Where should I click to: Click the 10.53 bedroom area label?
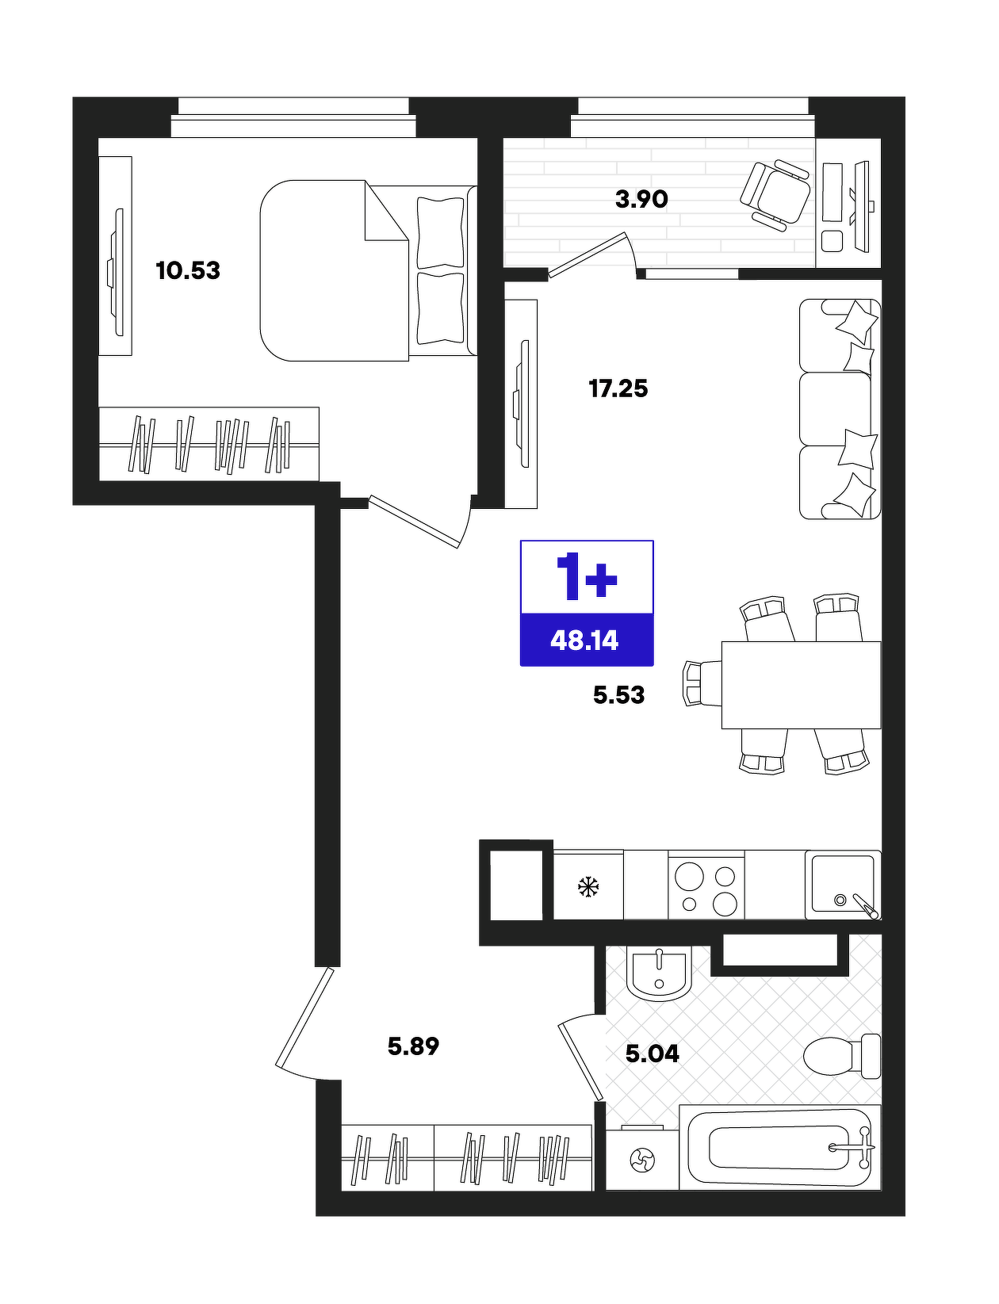coord(188,270)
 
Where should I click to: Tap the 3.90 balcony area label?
coord(641,199)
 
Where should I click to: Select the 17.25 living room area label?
coord(618,389)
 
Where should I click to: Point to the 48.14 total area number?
coord(584,641)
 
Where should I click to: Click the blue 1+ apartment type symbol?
coord(586,576)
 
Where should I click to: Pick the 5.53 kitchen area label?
coord(618,695)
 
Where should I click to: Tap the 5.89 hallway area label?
coord(413,1046)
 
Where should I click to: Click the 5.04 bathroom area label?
coord(653,1054)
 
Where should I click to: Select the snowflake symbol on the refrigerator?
coord(588,887)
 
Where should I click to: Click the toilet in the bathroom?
coord(841,1056)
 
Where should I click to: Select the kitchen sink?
coord(843,885)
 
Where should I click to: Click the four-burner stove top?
coord(706,885)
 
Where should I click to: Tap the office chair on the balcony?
coord(775,193)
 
